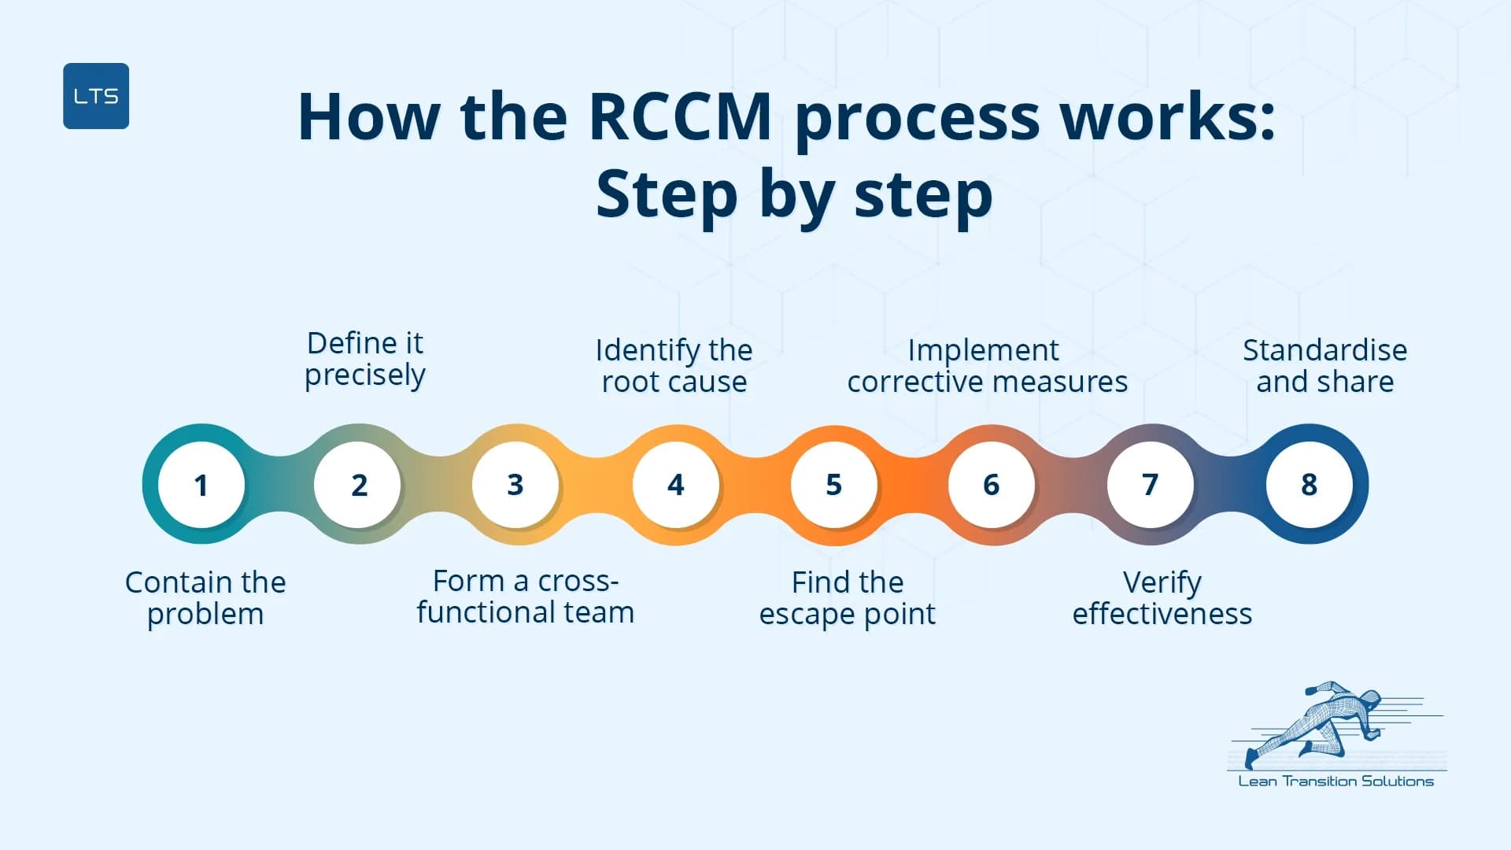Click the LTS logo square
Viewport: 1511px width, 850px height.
pyautogui.click(x=96, y=96)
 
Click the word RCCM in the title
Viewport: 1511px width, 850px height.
pyautogui.click(x=680, y=118)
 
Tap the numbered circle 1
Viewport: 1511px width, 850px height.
pyautogui.click(x=201, y=485)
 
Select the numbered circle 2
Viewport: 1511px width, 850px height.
pyautogui.click(x=359, y=485)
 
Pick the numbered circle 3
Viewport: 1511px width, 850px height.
pyautogui.click(x=515, y=485)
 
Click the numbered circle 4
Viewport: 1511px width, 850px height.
pyautogui.click(x=675, y=485)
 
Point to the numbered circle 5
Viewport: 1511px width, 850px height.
pyautogui.click(x=833, y=485)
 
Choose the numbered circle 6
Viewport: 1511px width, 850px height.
pyautogui.click(x=992, y=485)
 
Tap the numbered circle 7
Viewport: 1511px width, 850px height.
pyautogui.click(x=1150, y=485)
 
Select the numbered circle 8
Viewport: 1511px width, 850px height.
pyautogui.click(x=1309, y=485)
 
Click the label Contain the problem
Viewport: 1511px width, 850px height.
pyautogui.click(x=205, y=598)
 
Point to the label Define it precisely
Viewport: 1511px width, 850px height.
pyautogui.click(x=365, y=359)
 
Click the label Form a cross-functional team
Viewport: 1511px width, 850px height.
pyautogui.click(x=525, y=597)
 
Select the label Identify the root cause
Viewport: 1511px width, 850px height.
pyautogui.click(x=674, y=366)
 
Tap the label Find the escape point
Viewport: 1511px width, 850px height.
pyautogui.click(x=848, y=598)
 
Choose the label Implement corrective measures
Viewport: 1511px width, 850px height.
pyautogui.click(x=987, y=366)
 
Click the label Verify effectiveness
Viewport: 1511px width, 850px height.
pyautogui.click(x=1162, y=598)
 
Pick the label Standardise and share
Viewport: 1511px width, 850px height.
pyautogui.click(x=1324, y=366)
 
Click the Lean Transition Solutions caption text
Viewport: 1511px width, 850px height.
pyautogui.click(x=1336, y=782)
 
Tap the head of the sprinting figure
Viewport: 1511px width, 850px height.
pyautogui.click(x=1371, y=698)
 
